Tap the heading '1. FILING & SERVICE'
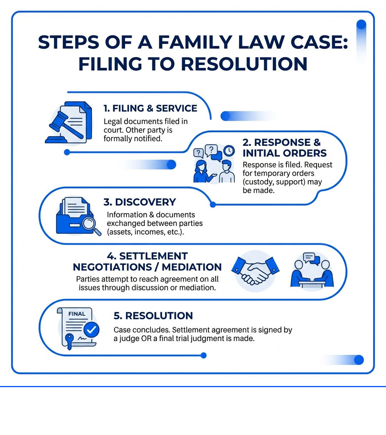pyautogui.click(x=150, y=109)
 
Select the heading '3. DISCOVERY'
pyautogui.click(x=139, y=202)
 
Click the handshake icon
pyautogui.click(x=255, y=271)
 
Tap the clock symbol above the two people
pyautogui.click(x=228, y=151)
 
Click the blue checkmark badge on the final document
pyautogui.click(x=91, y=330)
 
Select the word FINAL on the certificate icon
pyautogui.click(x=77, y=314)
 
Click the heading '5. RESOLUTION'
pyautogui.click(x=153, y=316)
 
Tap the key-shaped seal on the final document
pyautogui.click(x=69, y=339)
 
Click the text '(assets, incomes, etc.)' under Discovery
pyautogui.click(x=145, y=232)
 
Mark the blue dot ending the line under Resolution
pyautogui.click(x=204, y=355)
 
